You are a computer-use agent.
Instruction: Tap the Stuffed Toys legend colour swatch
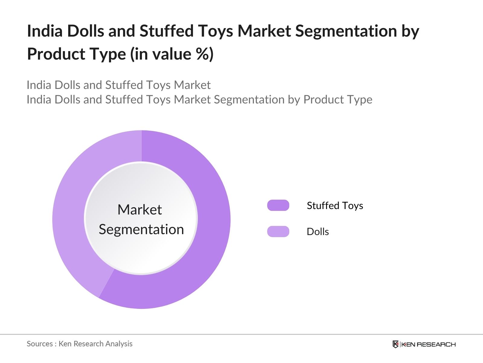coord(278,205)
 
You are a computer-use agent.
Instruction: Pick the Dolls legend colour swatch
coord(278,231)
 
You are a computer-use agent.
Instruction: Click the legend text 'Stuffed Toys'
coord(335,206)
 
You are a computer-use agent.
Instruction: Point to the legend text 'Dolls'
coord(318,232)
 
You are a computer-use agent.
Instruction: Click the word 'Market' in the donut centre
coord(139,210)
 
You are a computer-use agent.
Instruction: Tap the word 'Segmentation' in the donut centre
coord(141,229)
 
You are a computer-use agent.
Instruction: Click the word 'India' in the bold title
coord(44,31)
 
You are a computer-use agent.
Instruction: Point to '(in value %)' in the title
coord(172,54)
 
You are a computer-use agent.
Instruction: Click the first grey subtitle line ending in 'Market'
coord(118,85)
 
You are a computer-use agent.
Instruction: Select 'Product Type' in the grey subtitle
coord(338,100)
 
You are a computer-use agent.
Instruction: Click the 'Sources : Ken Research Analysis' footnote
coord(79,344)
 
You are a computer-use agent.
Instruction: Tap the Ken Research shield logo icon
coord(395,344)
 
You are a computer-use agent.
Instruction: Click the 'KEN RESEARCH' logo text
coord(428,344)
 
